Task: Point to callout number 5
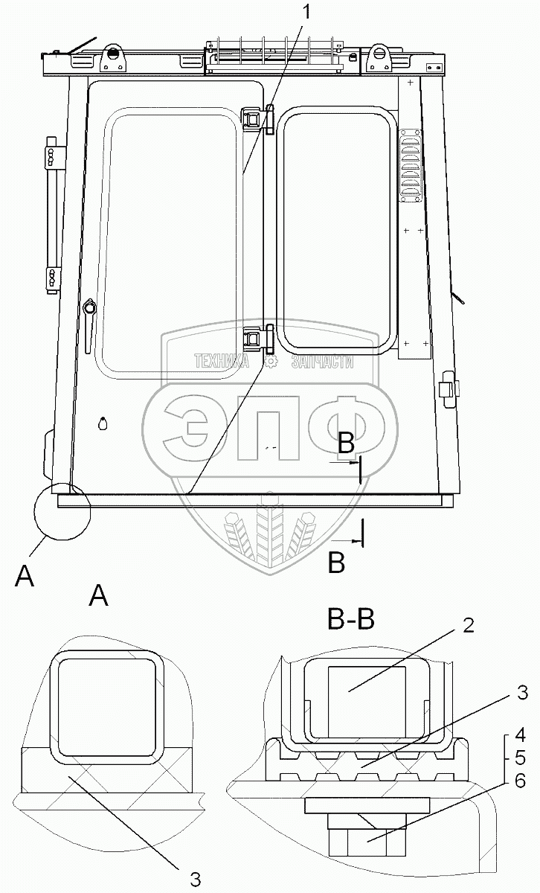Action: click(521, 760)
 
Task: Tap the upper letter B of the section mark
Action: click(346, 444)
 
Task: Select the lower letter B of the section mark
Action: click(336, 563)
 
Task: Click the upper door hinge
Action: click(258, 119)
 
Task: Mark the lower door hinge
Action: click(258, 339)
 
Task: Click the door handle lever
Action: click(90, 316)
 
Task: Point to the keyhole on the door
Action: click(103, 424)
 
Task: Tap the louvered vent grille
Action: click(409, 164)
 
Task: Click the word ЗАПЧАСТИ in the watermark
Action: click(321, 362)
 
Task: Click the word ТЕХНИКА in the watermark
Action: click(221, 362)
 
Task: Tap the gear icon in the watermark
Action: click(271, 362)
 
